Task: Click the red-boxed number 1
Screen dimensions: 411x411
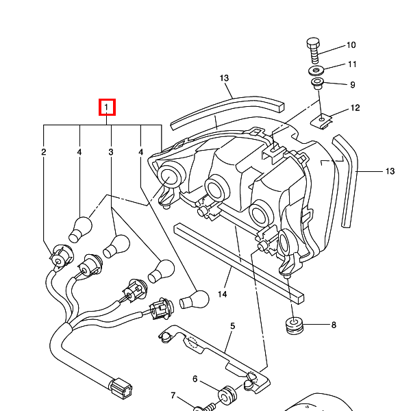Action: pos(108,108)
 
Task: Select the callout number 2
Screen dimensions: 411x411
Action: pos(44,151)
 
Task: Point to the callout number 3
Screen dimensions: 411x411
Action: pos(110,151)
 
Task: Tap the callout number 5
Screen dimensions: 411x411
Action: pos(232,327)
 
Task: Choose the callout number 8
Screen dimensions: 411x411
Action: pos(334,325)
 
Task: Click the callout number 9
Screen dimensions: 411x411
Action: pos(352,85)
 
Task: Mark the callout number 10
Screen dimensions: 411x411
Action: pos(351,45)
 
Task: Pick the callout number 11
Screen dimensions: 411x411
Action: pos(352,64)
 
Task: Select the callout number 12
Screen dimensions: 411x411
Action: pos(355,108)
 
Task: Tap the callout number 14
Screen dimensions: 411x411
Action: pos(222,294)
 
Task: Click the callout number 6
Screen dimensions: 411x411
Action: pos(195,379)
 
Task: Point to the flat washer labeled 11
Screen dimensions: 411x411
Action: pos(316,71)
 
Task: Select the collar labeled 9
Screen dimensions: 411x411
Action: pos(318,85)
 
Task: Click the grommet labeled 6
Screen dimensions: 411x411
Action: pos(226,396)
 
